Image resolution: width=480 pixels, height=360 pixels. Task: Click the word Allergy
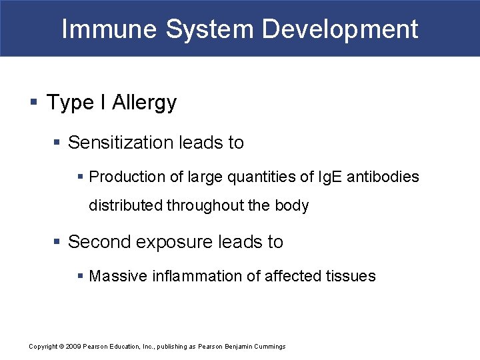point(144,103)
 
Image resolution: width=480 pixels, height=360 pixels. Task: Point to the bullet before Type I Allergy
point(33,103)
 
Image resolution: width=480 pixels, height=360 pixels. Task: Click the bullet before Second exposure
point(58,242)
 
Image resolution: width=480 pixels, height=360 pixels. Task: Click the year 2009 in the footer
point(73,347)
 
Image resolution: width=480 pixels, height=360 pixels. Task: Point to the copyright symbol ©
point(61,347)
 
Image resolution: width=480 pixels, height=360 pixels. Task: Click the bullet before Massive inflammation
point(80,276)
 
